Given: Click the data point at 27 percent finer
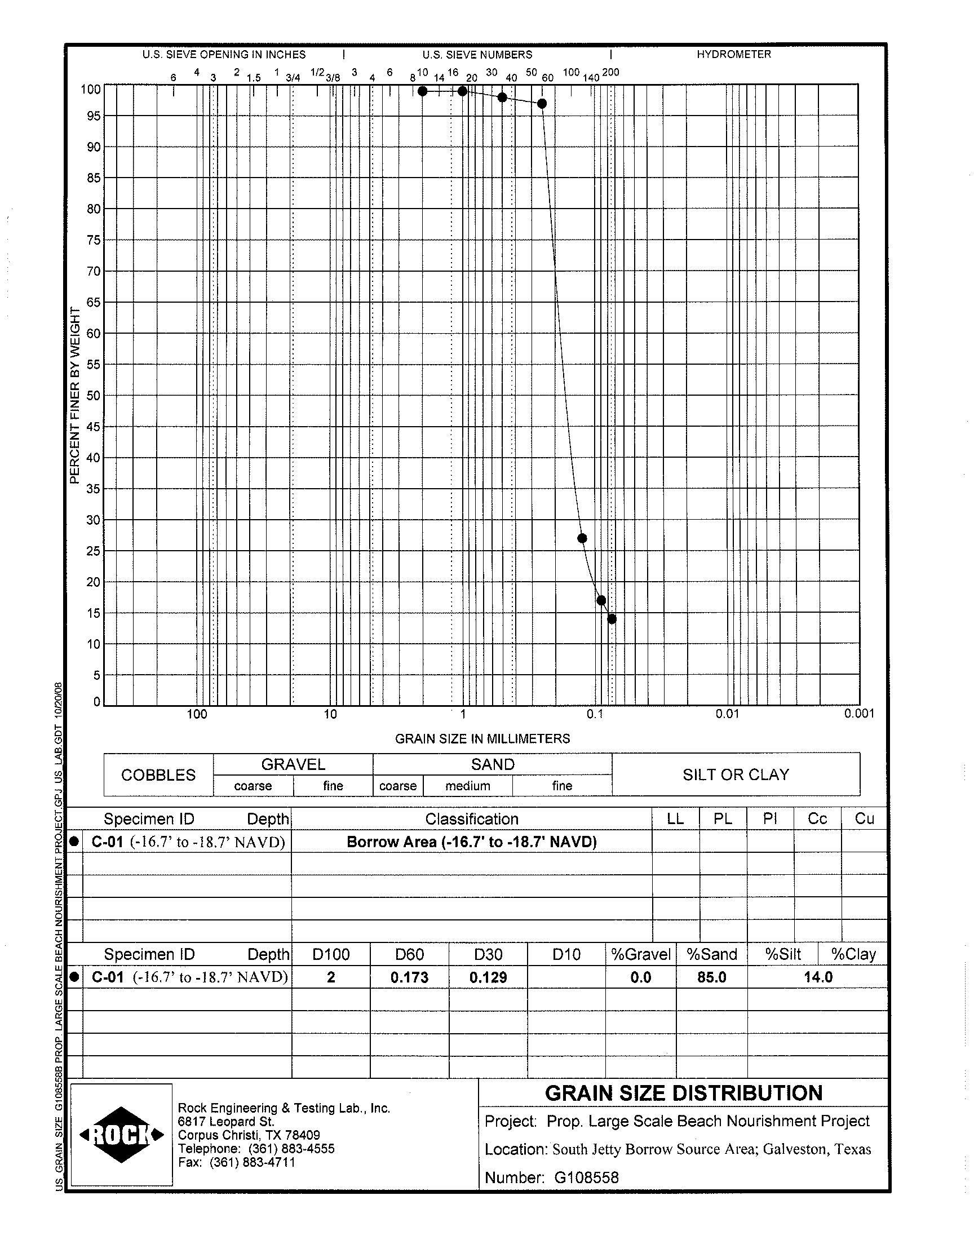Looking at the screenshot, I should coord(582,538).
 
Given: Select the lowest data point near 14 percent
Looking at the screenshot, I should coord(612,619).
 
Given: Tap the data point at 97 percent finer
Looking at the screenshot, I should coord(542,104).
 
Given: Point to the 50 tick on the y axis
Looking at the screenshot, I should coord(92,396).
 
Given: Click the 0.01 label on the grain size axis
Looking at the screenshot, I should coord(727,714).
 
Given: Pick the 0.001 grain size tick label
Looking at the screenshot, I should coord(859,714).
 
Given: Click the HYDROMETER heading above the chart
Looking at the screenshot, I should coord(733,55).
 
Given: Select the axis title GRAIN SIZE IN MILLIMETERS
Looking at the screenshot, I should coord(482,739).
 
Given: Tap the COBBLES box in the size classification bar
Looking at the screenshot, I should coord(158,775).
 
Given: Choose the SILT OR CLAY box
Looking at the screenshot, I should coord(736,775).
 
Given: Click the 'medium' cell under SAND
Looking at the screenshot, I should coord(468,786).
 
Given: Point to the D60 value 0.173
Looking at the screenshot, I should coord(409,978).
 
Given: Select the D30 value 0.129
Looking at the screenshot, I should coord(488,978).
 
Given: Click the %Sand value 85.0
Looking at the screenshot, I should coord(712,978).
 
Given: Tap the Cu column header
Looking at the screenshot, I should coord(865,819).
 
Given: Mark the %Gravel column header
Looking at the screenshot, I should coord(640,955).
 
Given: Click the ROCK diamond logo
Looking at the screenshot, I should coord(121,1135).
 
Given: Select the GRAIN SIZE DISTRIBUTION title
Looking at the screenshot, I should coord(684,1094).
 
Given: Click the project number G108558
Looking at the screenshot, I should coord(586,1178).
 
